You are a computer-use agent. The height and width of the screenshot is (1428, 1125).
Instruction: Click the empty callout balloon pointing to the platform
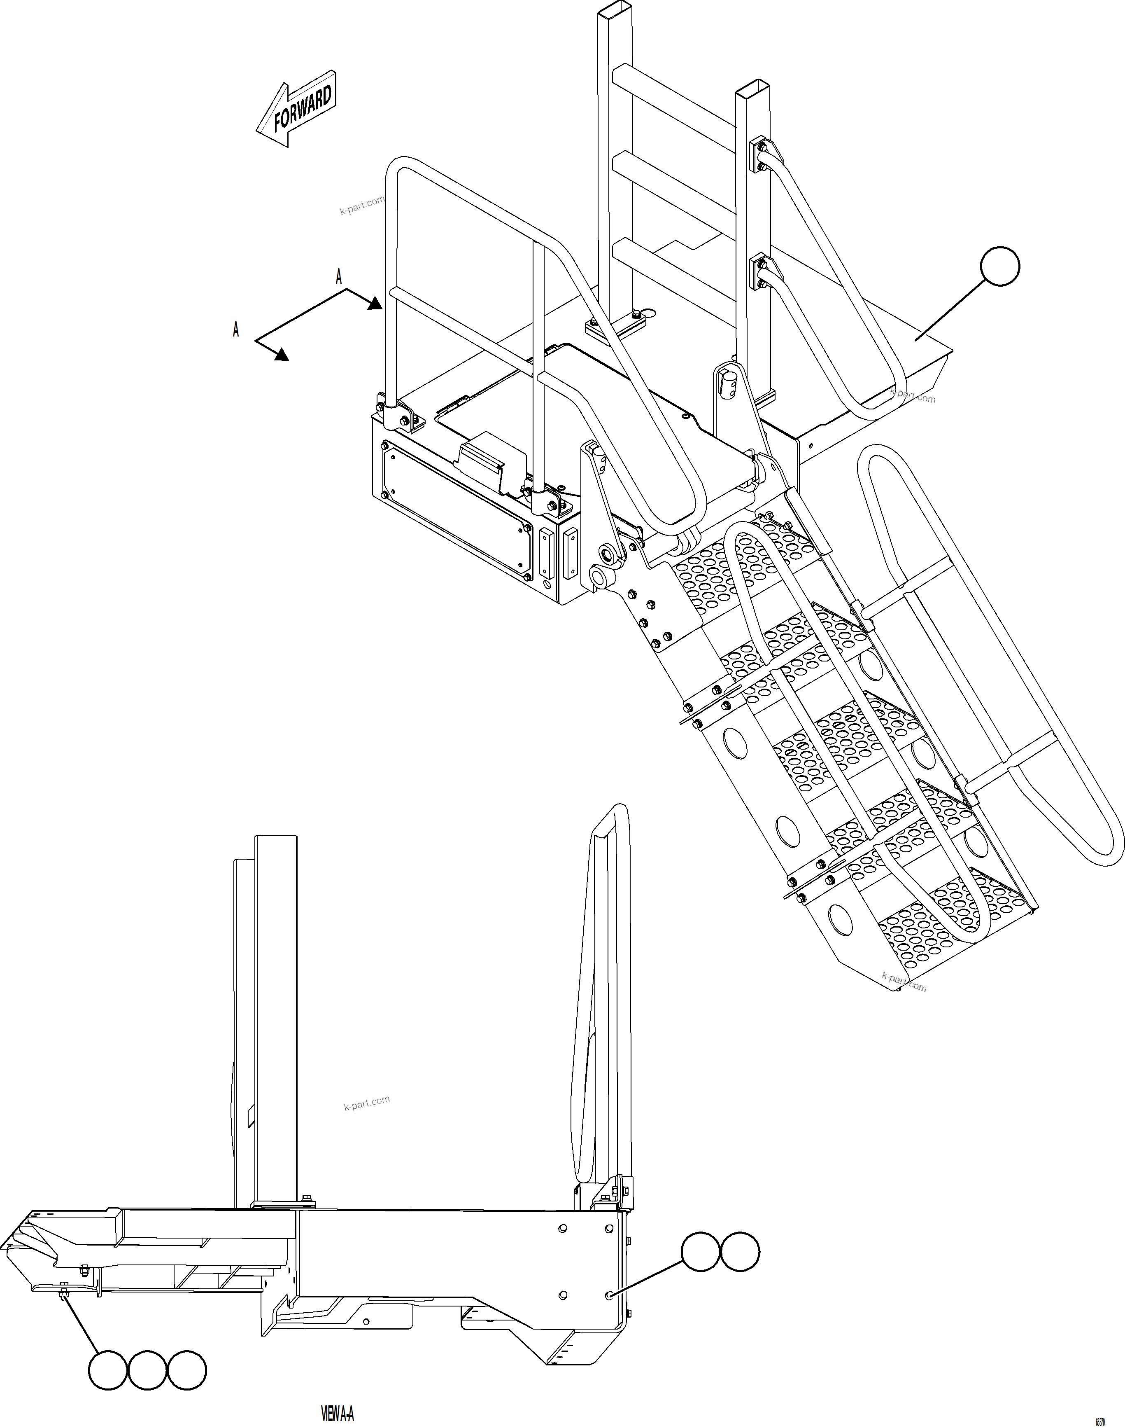pos(1000,266)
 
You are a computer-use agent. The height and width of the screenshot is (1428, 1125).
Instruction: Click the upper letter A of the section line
pos(339,277)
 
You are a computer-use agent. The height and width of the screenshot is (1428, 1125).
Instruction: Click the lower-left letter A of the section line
pos(236,330)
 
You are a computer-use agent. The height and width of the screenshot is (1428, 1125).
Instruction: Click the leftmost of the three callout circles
pos(109,1371)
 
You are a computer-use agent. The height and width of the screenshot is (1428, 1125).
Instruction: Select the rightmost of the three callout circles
pos(187,1371)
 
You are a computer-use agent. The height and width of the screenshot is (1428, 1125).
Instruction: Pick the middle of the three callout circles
pos(147,1371)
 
